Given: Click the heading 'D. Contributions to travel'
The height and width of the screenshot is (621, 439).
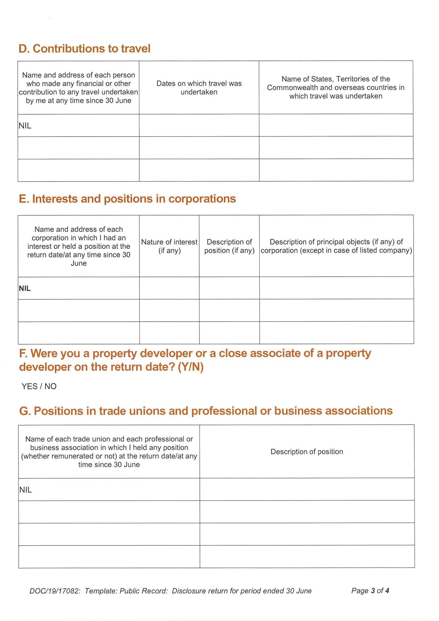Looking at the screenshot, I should point(85,48).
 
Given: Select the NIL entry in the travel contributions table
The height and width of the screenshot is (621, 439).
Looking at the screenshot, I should point(25,126).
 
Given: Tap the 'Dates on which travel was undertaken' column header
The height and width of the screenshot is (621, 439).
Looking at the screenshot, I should point(199,88).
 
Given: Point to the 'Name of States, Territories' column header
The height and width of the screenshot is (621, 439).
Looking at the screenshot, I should point(336,87).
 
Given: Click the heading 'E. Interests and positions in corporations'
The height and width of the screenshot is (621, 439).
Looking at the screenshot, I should point(127,199).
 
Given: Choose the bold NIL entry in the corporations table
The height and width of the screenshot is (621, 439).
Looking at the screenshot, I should point(25,288).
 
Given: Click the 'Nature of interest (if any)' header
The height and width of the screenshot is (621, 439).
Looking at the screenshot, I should point(169,246).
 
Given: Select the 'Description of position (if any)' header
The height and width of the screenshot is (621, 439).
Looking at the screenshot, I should point(229,246).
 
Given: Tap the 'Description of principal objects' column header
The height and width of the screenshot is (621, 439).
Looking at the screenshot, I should point(336,246).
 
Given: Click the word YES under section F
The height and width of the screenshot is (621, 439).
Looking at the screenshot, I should point(29,386).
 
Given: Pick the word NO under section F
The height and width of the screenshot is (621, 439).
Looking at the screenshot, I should point(51,386).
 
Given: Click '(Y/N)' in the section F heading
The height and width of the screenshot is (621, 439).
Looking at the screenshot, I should point(191,367).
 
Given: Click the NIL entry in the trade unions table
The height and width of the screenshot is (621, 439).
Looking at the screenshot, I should point(25,490).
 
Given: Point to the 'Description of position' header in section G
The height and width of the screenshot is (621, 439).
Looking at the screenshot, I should point(307,452).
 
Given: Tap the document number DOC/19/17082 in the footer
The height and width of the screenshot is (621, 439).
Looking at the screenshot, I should point(55,591).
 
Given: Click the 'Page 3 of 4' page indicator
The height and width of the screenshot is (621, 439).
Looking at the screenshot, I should point(370,591).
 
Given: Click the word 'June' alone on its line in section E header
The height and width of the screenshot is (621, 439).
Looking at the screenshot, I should point(79,263).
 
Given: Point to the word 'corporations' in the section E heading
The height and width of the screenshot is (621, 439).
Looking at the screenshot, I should point(202,199).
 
